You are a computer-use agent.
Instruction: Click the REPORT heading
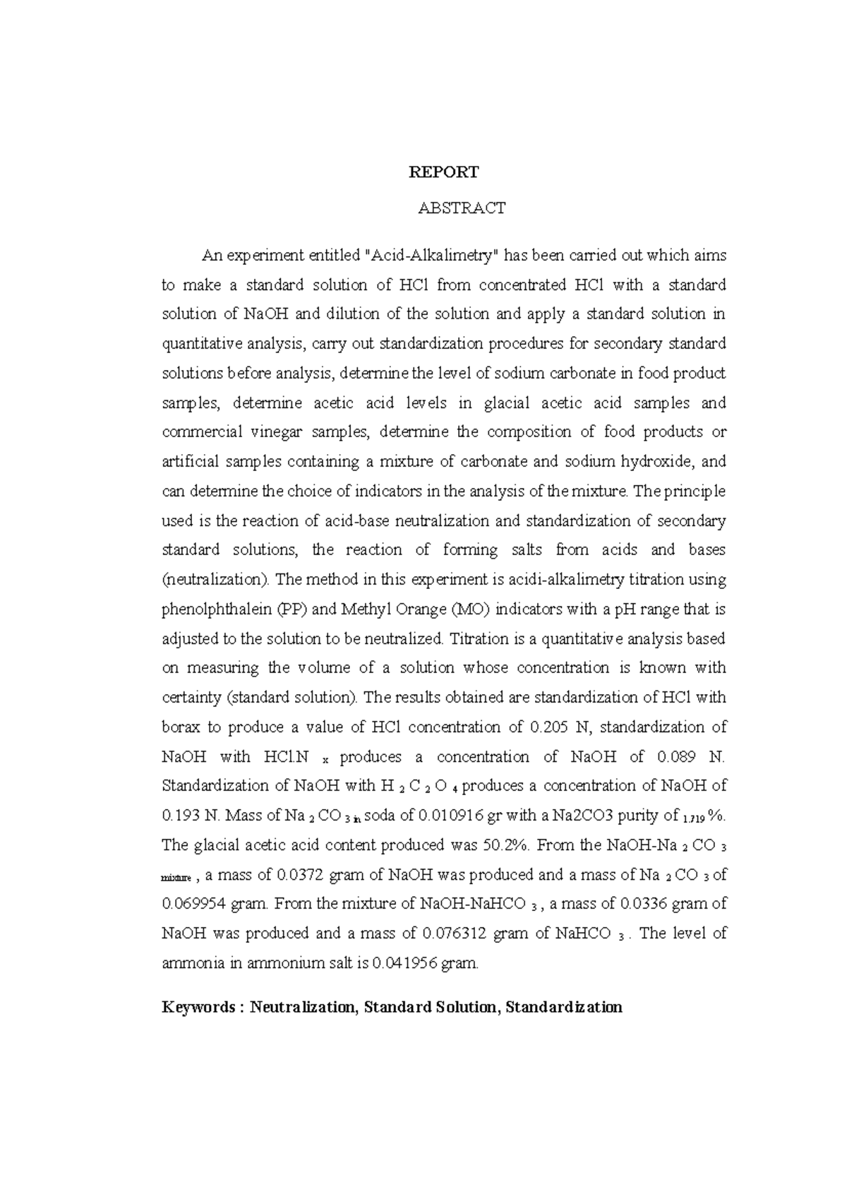(x=444, y=172)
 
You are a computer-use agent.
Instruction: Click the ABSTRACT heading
(x=462, y=208)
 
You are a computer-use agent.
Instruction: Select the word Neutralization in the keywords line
(x=304, y=1007)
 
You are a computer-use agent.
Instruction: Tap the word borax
(x=181, y=727)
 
